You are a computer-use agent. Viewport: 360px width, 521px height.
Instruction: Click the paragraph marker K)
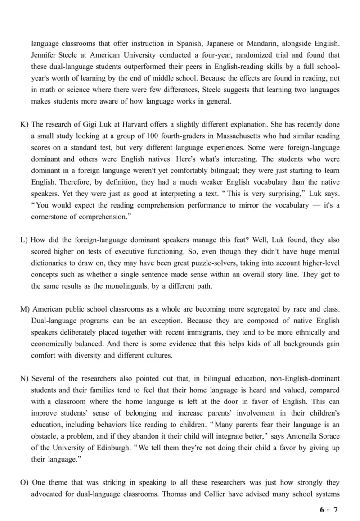pyautogui.click(x=25, y=124)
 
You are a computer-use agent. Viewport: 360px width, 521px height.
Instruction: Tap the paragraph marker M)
pyautogui.click(x=26, y=310)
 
